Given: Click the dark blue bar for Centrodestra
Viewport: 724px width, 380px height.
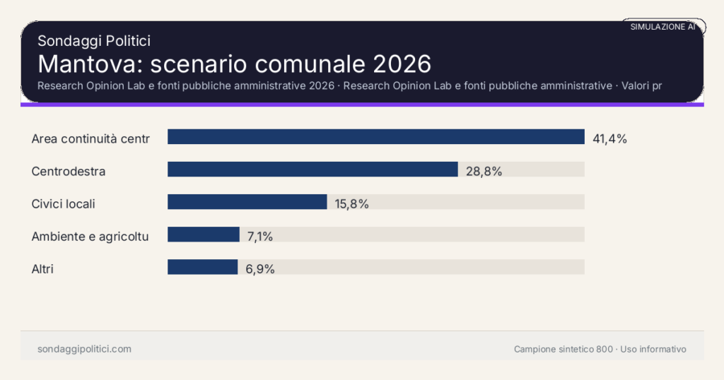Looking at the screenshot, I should [313, 170].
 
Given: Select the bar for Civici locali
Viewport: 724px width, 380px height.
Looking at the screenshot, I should [247, 202].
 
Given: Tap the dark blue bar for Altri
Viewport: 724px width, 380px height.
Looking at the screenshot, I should [202, 267].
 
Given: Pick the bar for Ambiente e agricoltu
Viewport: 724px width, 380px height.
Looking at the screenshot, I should [203, 234].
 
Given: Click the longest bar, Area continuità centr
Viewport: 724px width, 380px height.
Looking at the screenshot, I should [375, 137].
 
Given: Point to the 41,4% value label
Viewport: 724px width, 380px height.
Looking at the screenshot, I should [609, 138].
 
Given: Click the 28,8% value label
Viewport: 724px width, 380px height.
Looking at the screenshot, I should [484, 171].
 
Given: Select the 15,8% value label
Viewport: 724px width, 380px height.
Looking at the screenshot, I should [351, 203].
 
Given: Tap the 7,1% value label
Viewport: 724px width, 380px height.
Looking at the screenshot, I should [259, 236].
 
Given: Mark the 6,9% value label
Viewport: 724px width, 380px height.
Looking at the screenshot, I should [259, 268].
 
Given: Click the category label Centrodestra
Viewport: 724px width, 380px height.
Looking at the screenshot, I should [69, 171].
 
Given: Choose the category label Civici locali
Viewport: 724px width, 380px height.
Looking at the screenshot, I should [64, 203].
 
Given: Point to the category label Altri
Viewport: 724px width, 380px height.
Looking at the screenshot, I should [42, 268].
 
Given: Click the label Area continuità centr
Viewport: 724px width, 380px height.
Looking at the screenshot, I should [90, 138].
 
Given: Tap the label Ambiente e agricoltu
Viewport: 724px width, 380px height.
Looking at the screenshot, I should [90, 236].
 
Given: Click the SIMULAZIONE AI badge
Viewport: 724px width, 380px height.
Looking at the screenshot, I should [662, 27].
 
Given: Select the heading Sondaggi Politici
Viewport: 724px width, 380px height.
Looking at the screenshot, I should [93, 41].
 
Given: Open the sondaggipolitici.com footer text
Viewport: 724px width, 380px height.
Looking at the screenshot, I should [84, 349].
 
